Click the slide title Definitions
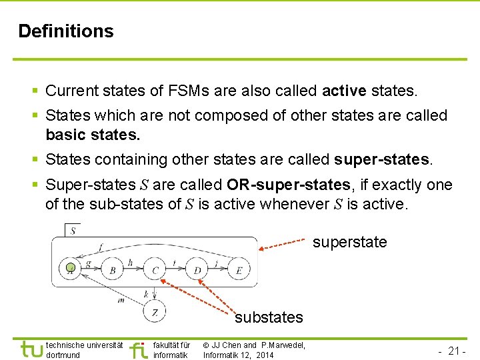66,31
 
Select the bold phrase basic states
93,135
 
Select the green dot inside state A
71,269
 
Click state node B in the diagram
113,270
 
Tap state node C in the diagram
155,270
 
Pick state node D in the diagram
197,270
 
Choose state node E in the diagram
238,270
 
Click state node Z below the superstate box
155,311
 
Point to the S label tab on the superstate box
72,231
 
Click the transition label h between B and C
131,263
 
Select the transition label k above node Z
146,293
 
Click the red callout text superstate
349,242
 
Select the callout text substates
269,317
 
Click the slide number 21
456,351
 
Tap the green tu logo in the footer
31,349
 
